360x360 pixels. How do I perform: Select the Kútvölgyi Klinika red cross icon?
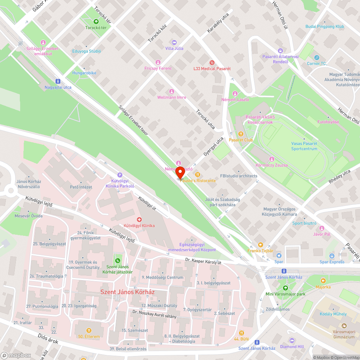[x=139, y=220]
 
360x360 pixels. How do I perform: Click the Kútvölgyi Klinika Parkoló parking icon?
[x=120, y=175]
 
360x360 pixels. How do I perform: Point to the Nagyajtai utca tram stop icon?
[x=58, y=81]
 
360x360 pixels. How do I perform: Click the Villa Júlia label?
[x=174, y=48]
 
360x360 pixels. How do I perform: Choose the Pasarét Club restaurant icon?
[x=241, y=134]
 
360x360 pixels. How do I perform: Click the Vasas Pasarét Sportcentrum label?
[x=304, y=146]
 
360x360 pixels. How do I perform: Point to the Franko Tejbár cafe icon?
[x=260, y=244]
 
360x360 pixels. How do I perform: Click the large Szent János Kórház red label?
[x=127, y=292]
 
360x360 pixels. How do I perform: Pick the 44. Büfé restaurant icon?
[x=241, y=333]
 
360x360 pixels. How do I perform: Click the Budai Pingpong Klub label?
[x=325, y=27]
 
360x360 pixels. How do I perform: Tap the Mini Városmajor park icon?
[x=285, y=288]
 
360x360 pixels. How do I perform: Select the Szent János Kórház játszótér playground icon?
[x=117, y=260]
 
